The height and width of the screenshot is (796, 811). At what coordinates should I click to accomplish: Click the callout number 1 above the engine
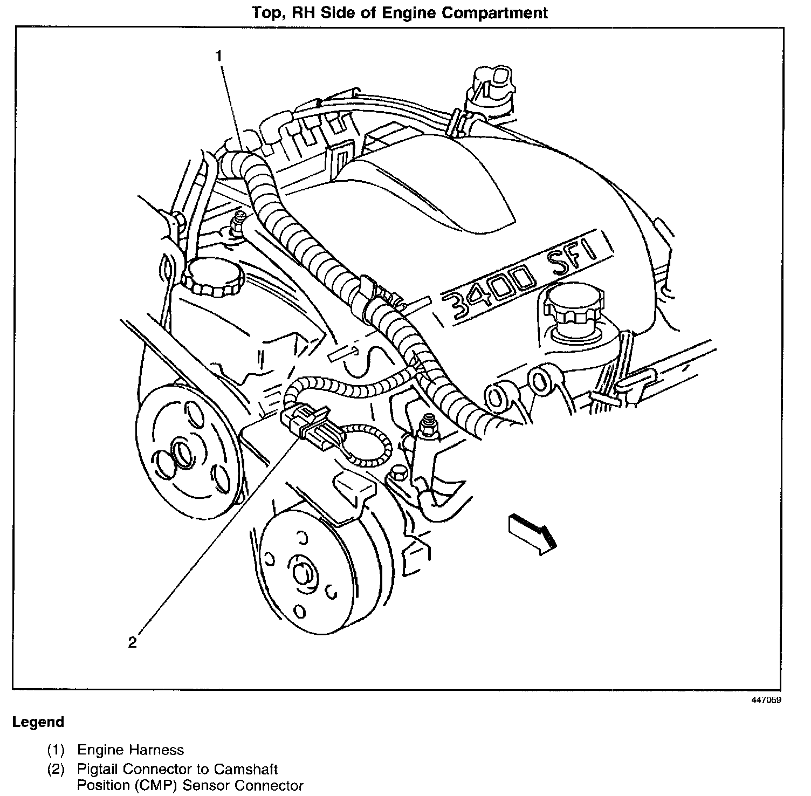coord(218,56)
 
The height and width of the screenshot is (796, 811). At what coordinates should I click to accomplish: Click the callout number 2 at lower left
coord(132,642)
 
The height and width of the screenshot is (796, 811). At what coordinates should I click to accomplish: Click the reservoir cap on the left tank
coord(212,275)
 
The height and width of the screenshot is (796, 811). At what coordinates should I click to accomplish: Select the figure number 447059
coord(766,700)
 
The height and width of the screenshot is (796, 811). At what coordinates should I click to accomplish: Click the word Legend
coord(38,722)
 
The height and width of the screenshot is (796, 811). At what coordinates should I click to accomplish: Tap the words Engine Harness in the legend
coord(130,750)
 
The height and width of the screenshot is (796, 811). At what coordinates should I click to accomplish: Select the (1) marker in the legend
coord(56,750)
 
